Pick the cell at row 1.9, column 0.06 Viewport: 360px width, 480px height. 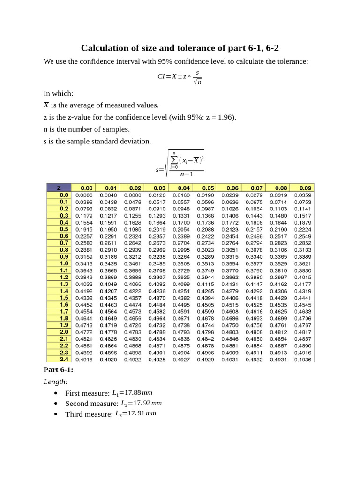point(230,324)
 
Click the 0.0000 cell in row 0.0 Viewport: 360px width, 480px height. point(84,195)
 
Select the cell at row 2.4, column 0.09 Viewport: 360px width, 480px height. point(303,360)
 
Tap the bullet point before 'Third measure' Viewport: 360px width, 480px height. point(56,414)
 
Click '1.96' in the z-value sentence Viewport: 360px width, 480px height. point(226,117)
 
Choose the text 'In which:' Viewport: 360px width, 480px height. point(58,93)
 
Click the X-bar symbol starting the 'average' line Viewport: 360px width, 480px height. point(46,105)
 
